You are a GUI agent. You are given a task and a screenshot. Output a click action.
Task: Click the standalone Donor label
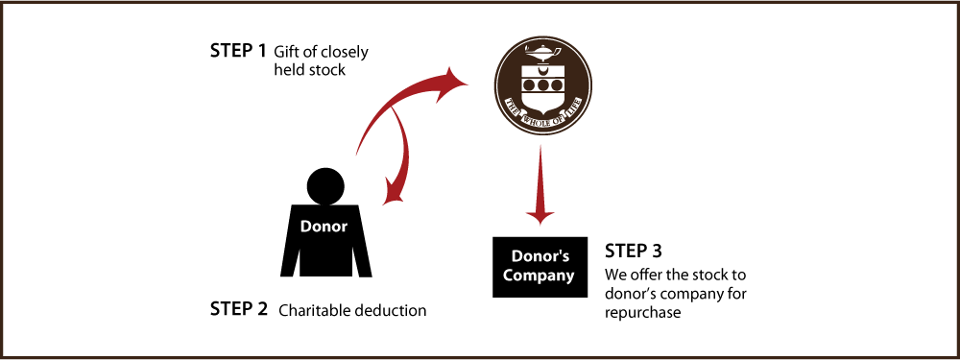click(323, 228)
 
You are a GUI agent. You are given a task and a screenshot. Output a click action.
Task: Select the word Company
click(539, 276)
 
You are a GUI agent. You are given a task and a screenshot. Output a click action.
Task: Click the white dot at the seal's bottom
click(540, 124)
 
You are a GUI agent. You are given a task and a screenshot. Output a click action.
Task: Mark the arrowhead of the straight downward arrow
click(540, 216)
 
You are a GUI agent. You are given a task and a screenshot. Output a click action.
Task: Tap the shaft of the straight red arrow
click(540, 173)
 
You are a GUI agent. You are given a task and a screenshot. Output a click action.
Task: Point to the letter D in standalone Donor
click(306, 228)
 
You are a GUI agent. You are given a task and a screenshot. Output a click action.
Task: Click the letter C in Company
click(509, 276)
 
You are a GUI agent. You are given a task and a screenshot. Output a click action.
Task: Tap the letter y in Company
click(569, 277)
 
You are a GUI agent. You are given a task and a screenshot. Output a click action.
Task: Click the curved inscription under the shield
click(542, 112)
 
